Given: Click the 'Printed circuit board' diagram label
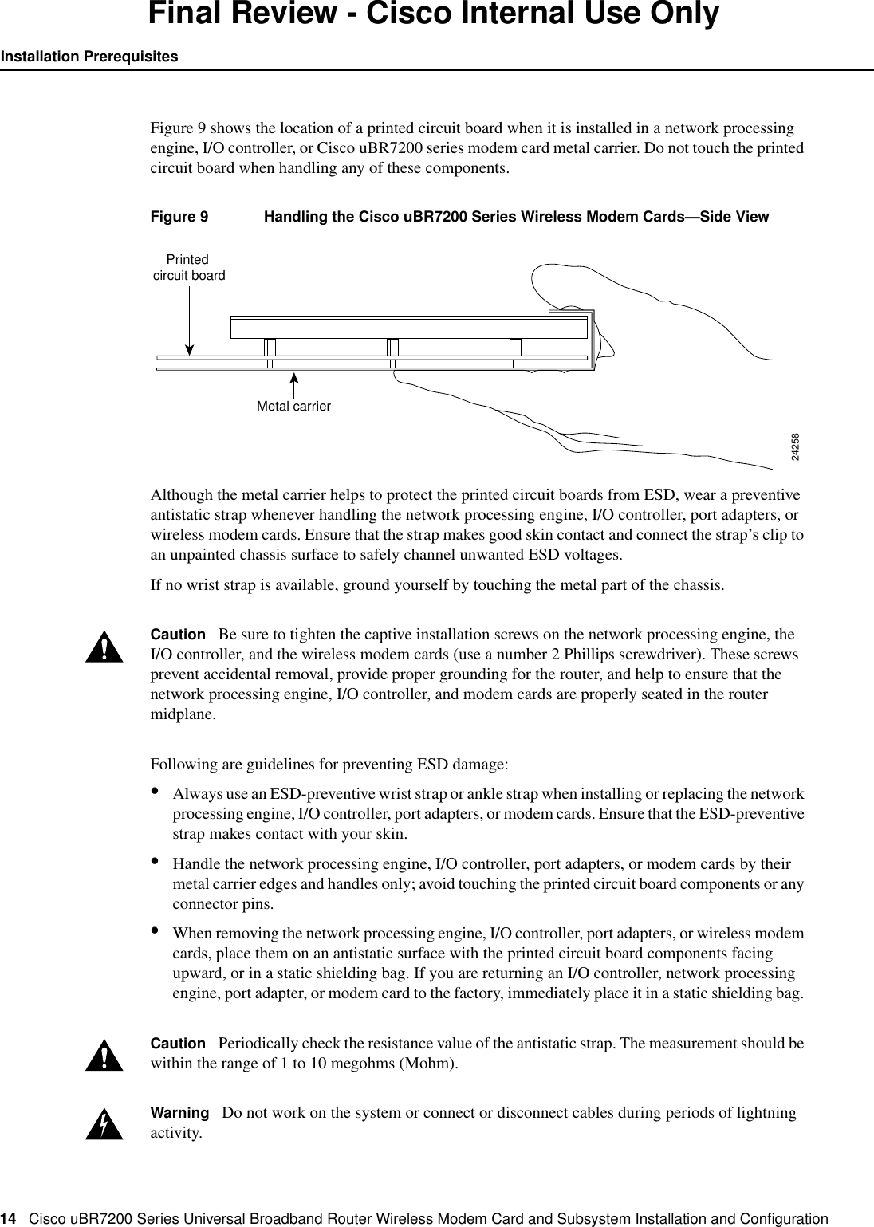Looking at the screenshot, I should [x=188, y=268].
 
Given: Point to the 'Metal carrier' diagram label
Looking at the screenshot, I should [x=293, y=406].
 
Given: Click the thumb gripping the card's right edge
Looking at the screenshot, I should [x=574, y=283].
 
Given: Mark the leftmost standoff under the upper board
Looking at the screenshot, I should [x=270, y=348].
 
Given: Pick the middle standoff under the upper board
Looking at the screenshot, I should [x=392, y=348].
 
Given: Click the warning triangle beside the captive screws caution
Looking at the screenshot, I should [x=104, y=648].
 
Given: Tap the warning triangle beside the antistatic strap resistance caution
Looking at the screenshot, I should [x=104, y=1056].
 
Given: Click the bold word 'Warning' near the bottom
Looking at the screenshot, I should [x=179, y=1113].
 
